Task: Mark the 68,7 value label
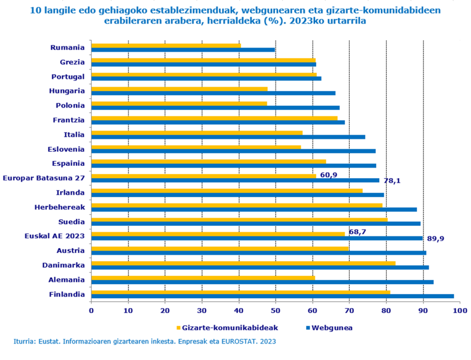point(357,232)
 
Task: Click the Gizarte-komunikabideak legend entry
point(227,328)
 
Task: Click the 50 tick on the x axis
point(276,309)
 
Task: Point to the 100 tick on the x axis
point(460,309)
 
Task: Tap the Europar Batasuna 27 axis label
point(44,178)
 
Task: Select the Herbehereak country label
point(59,207)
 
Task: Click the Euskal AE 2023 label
point(54,236)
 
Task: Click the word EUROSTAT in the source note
point(241,341)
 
